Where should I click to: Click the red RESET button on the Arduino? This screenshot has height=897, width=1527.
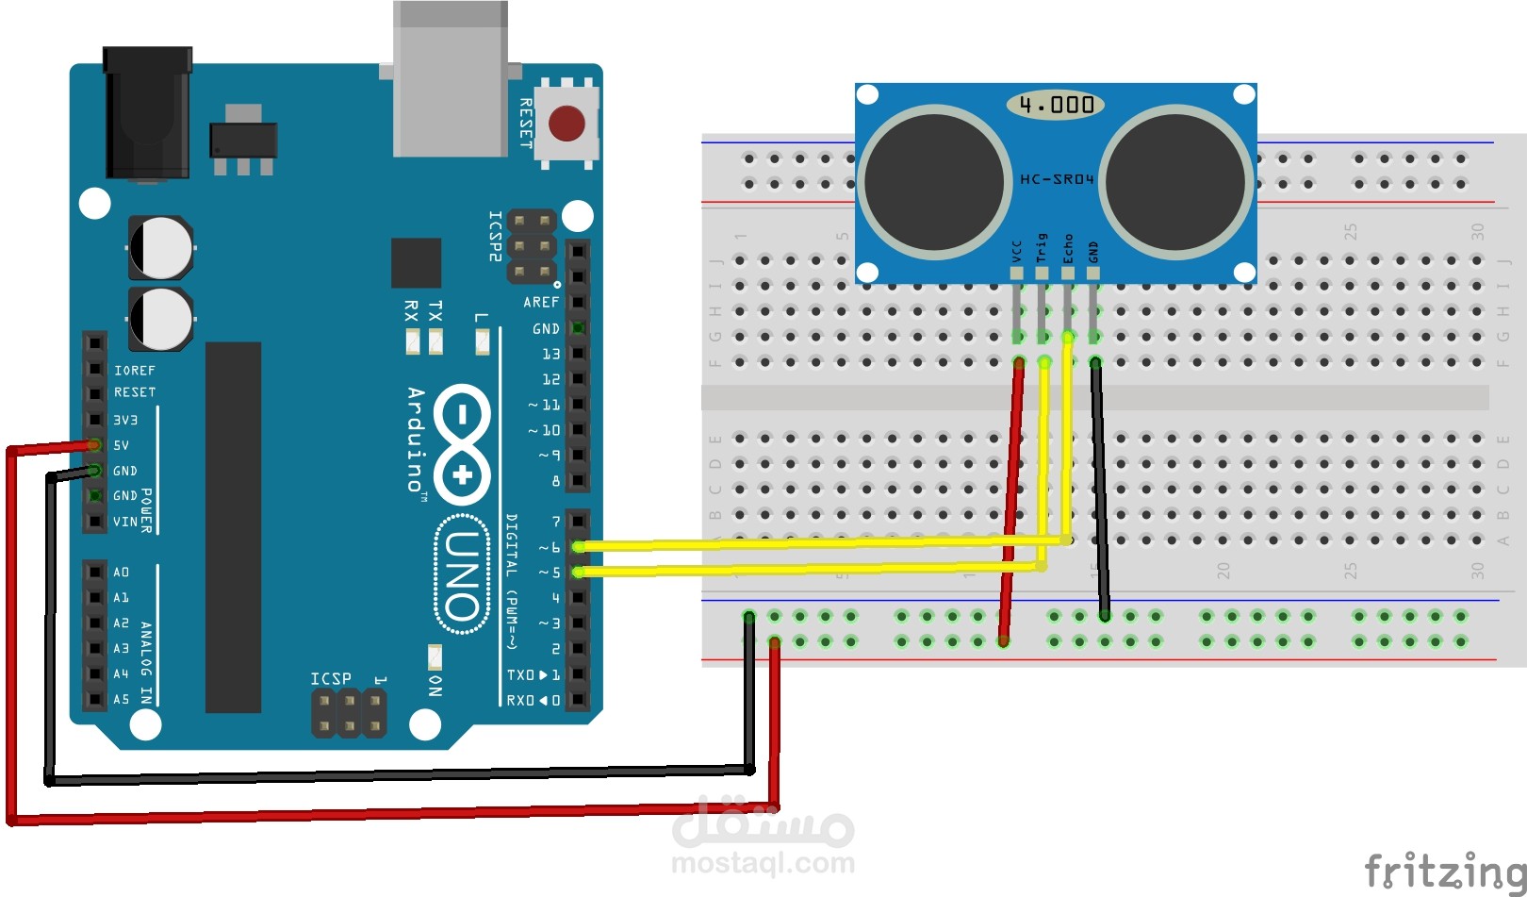(566, 124)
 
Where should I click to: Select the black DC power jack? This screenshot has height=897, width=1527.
(148, 113)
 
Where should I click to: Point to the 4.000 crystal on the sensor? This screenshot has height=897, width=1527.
(1056, 105)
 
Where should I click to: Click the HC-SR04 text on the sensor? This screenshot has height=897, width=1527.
(1057, 178)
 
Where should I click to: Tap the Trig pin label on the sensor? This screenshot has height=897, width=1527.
(1042, 248)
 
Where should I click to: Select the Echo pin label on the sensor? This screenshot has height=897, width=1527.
(1068, 248)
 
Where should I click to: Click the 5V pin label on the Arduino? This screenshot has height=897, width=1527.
(122, 445)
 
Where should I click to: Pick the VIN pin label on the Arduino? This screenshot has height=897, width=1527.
(125, 522)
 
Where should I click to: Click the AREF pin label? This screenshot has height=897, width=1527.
(541, 302)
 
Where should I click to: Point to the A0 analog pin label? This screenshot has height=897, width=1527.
(122, 573)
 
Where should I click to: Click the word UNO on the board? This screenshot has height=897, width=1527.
(462, 575)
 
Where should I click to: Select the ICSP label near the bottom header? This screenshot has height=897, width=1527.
(331, 679)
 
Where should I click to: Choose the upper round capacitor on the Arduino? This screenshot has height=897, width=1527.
(161, 247)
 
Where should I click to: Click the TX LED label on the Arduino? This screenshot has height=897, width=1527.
(435, 310)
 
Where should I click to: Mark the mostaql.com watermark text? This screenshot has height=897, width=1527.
(763, 862)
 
